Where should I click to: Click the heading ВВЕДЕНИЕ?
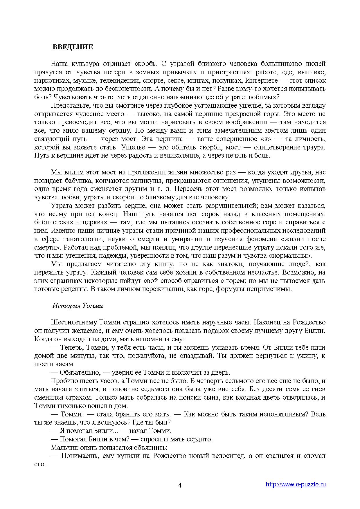click(73, 47)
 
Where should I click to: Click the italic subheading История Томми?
click(78, 306)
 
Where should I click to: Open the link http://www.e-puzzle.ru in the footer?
click(296, 484)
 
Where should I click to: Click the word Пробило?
click(62, 381)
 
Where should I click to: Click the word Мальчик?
click(63, 447)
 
